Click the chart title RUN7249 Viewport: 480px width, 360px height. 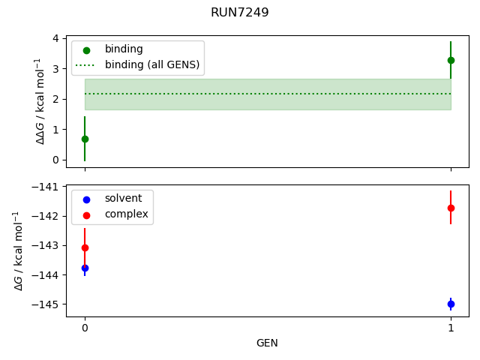(x=239, y=13)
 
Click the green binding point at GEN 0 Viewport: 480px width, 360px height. (x=85, y=139)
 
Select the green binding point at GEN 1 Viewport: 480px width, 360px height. (x=451, y=60)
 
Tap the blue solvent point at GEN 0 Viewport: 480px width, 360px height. (x=85, y=268)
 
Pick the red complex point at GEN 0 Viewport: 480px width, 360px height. (x=85, y=247)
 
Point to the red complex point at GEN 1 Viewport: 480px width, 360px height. (x=451, y=208)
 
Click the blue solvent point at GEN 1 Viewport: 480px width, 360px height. (x=451, y=304)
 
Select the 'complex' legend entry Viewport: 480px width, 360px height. (x=126, y=214)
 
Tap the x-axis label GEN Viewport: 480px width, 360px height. (x=267, y=343)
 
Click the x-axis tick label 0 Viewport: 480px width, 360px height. (x=85, y=328)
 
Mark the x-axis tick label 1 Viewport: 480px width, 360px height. (x=451, y=328)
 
